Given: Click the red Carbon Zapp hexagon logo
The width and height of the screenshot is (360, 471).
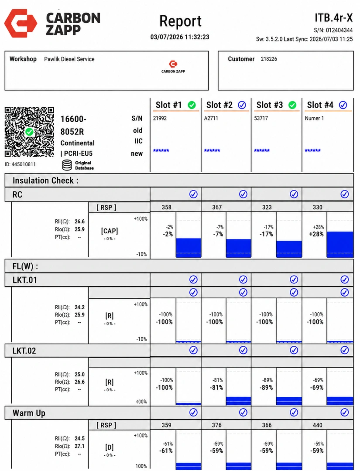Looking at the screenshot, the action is (x=21, y=24).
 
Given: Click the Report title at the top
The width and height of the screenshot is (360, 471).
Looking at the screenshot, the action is (x=180, y=21).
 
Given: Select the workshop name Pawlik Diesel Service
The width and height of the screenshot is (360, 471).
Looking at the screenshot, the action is (x=69, y=59).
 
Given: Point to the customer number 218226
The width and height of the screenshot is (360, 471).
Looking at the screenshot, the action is (x=269, y=59).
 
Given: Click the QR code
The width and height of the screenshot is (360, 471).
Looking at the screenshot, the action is (x=29, y=132).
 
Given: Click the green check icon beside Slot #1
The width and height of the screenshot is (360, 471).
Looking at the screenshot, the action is (x=192, y=105).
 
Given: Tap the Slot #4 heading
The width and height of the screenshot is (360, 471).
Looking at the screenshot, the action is (x=320, y=105).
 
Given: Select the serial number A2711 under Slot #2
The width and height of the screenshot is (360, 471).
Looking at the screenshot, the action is (x=211, y=118).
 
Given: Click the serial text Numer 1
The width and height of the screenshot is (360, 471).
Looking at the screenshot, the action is (x=314, y=118).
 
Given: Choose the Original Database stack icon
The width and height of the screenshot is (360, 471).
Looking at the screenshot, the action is (x=67, y=165).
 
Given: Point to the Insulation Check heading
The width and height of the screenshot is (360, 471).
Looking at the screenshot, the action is (x=45, y=181).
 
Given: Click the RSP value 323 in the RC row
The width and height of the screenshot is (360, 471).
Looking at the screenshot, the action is (x=267, y=207).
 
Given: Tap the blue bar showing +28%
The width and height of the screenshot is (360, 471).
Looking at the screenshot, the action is (x=340, y=244).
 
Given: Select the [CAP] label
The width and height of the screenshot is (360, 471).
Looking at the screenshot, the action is (x=110, y=231).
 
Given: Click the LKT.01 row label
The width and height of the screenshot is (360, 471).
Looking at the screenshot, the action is (x=24, y=280).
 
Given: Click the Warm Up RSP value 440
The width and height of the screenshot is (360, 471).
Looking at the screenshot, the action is (x=317, y=425).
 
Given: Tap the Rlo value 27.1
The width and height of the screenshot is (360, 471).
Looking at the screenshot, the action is (x=79, y=446).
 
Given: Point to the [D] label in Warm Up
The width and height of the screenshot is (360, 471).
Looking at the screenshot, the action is (x=110, y=447).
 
